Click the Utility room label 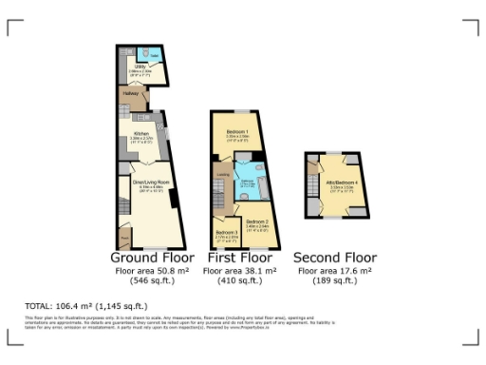139,67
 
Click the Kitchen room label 141,134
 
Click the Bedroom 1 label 237,131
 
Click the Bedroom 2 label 256,222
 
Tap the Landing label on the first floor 220,175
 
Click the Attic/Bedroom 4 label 341,182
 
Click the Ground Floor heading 152,258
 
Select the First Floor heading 239,258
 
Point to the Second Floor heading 335,258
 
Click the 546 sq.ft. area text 152,281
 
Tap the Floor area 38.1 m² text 239,271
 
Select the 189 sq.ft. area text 335,281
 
